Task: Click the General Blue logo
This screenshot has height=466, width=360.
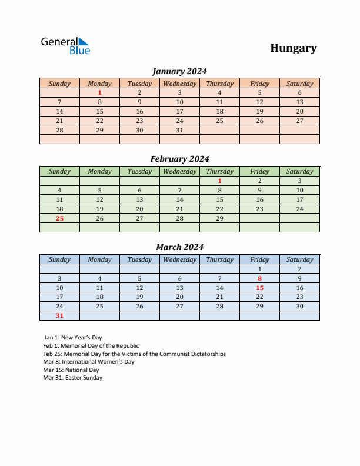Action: (65, 46)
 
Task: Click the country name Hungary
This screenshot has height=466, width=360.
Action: (294, 48)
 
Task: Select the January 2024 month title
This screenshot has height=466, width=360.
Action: (179, 71)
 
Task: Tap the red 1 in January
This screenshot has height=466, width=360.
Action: (99, 92)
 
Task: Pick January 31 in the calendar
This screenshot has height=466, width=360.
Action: (179, 130)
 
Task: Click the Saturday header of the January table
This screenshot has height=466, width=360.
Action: (299, 84)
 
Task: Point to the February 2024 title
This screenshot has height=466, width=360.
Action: (179, 159)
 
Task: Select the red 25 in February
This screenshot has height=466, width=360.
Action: (59, 218)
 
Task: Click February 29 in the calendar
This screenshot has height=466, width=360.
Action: (219, 218)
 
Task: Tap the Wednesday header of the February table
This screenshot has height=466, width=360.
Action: (179, 171)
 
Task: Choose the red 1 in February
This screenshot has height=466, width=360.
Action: (219, 181)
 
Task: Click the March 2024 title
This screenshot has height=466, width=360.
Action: (179, 247)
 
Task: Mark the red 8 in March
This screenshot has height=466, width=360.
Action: (259, 278)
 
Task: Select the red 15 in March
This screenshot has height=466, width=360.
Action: (259, 288)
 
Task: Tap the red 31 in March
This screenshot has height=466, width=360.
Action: (59, 315)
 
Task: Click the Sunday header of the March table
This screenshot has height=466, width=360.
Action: (59, 259)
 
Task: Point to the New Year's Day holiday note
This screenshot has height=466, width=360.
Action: (72, 338)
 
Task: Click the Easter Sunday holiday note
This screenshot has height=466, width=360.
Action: (72, 378)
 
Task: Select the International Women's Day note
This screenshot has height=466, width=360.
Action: (89, 362)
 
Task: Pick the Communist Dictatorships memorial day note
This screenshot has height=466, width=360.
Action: (134, 354)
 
